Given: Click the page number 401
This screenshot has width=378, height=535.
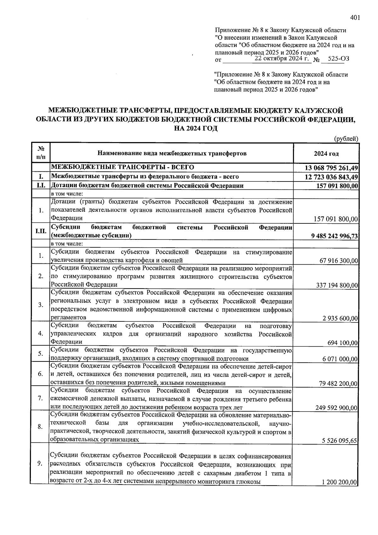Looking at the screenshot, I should coord(355,18).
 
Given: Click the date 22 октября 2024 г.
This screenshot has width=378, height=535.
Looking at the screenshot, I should coord(283,58).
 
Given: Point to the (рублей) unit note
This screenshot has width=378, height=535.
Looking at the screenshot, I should coord(346,138).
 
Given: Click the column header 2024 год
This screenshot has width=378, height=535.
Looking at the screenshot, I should coord(326,153).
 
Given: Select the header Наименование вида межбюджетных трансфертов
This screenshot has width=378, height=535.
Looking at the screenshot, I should coord(172,153).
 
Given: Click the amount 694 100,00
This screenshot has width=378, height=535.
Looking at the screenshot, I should coord(342,343).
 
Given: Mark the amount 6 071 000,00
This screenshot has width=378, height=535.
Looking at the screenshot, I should coord(340,359).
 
